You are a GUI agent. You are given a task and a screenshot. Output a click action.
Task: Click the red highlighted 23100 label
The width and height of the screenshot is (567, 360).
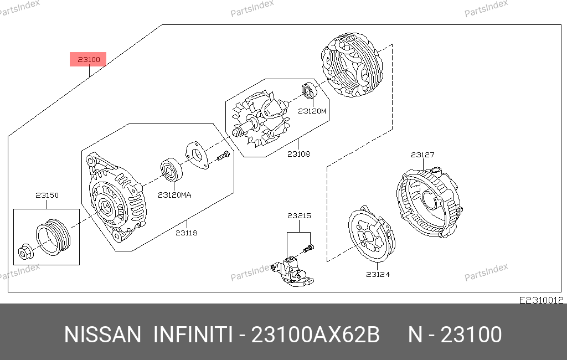click(x=88, y=59)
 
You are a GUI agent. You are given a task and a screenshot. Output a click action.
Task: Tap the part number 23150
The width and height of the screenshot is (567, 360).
click(x=47, y=196)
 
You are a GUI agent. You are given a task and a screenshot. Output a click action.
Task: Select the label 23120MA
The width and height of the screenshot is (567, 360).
click(x=174, y=196)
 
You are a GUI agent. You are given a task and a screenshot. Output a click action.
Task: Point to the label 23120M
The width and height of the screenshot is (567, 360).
click(x=312, y=111)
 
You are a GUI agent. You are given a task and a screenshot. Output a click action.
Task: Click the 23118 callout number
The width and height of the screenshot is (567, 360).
click(x=187, y=233)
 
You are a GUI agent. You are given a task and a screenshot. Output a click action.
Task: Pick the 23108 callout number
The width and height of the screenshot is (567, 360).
click(x=298, y=154)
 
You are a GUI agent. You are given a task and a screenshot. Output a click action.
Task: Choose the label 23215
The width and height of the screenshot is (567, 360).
click(x=299, y=216)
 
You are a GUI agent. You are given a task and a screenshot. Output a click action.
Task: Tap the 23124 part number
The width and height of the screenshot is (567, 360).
click(x=378, y=275)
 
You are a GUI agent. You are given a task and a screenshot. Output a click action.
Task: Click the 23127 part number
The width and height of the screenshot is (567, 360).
click(x=422, y=155)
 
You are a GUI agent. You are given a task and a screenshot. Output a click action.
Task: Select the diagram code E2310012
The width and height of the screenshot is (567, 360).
click(x=542, y=300)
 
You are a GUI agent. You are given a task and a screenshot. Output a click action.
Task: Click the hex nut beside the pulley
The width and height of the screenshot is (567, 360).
click(x=26, y=251)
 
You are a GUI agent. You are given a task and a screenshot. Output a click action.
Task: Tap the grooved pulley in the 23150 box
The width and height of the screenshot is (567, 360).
click(x=53, y=236)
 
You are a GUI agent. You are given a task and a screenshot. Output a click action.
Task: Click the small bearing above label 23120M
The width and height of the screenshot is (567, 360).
click(x=310, y=91)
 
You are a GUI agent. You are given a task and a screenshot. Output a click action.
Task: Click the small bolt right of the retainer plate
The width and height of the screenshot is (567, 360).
click(x=224, y=156)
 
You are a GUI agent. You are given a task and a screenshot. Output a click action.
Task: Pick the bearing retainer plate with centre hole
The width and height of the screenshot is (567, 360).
click(x=197, y=155)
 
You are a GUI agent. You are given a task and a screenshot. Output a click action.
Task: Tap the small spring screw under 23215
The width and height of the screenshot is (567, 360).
click(x=308, y=249)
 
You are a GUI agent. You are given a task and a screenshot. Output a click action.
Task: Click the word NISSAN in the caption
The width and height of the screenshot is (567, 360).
click(x=102, y=335)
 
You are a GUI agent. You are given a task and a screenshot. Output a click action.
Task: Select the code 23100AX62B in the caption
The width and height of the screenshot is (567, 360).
click(x=315, y=335)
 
